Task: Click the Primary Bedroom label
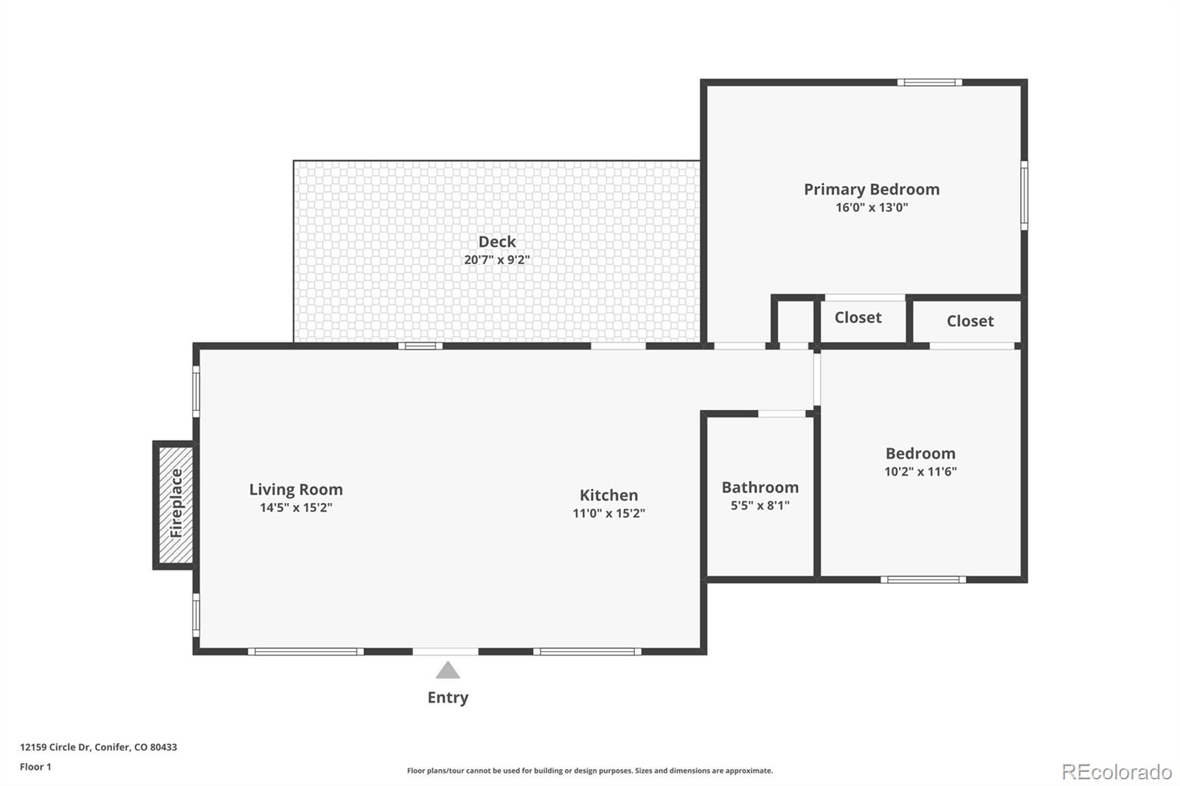tap(871, 189)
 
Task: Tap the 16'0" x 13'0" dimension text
tap(871, 208)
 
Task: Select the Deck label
tap(496, 242)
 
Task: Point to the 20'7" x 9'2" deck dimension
tap(496, 260)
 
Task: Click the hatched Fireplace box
tap(176, 505)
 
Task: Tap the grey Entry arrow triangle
tap(448, 670)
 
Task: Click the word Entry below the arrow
tap(448, 698)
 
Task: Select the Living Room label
tap(296, 490)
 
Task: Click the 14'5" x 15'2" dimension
tap(296, 508)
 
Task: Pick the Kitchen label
tap(608, 495)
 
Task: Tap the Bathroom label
tap(760, 487)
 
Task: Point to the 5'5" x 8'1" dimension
tap(760, 506)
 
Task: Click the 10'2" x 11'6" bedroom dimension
tap(920, 472)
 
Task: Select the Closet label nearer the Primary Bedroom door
tap(858, 318)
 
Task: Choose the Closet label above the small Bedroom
tap(970, 321)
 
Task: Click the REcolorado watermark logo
tap(1117, 771)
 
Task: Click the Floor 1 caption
tap(35, 767)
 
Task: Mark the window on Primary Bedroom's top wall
tap(929, 83)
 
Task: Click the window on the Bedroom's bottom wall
tap(923, 580)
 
